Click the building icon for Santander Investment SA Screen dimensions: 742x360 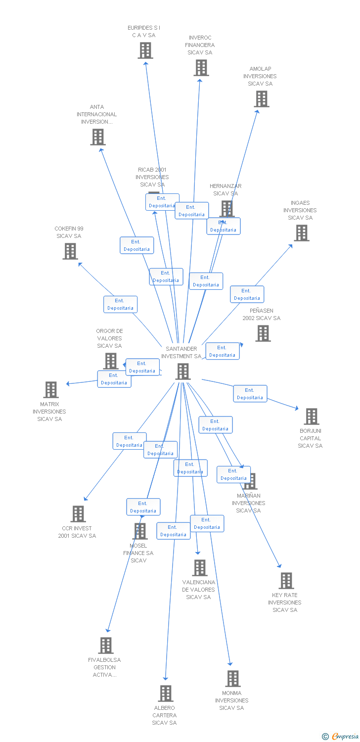click(x=183, y=371)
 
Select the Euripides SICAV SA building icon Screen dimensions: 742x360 click(x=145, y=50)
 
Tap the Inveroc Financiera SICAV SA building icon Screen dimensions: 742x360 click(x=201, y=68)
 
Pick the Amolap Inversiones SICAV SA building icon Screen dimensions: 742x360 click(x=261, y=99)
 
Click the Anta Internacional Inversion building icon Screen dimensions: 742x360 click(x=98, y=137)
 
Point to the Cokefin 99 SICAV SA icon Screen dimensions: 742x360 click(x=70, y=251)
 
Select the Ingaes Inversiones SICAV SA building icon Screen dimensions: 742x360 click(x=301, y=233)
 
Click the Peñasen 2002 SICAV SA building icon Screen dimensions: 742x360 click(x=263, y=333)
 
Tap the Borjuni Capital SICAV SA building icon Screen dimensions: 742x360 click(x=311, y=417)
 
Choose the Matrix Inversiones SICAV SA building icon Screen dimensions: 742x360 click(x=51, y=390)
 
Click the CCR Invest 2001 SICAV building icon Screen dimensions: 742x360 click(x=78, y=514)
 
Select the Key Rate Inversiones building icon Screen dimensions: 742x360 click(x=286, y=581)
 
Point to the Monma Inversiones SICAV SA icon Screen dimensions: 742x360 click(x=232, y=679)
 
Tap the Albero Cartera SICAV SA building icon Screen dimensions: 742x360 click(x=166, y=694)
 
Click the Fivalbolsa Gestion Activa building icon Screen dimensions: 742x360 click(x=105, y=646)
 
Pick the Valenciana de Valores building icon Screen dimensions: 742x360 click(x=199, y=568)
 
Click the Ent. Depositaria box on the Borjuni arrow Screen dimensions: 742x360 click(x=250, y=394)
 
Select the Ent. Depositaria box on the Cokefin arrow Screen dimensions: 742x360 click(x=120, y=304)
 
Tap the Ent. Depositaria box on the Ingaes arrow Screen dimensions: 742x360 click(x=247, y=294)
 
